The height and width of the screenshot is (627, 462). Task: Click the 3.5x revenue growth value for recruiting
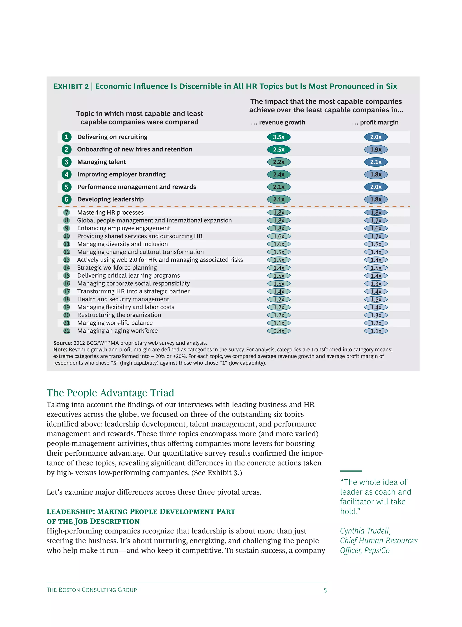point(279,137)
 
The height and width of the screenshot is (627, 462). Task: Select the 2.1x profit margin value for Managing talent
point(376,162)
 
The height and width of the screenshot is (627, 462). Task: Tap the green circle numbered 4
point(67,174)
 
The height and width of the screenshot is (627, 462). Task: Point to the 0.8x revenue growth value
point(279,331)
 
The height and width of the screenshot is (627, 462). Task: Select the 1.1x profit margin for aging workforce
point(376,331)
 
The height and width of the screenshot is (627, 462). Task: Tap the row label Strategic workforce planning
point(117,268)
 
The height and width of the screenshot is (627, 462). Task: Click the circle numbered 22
point(67,331)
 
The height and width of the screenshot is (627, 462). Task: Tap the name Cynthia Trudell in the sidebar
point(365,531)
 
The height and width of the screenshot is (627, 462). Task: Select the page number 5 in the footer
point(325,590)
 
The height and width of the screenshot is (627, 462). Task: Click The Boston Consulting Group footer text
point(92,590)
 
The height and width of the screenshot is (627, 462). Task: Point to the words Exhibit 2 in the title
point(71,86)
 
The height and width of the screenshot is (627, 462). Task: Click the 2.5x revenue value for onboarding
point(279,149)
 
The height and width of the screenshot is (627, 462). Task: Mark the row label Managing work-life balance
point(115,323)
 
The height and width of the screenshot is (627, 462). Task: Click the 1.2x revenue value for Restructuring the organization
point(279,315)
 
